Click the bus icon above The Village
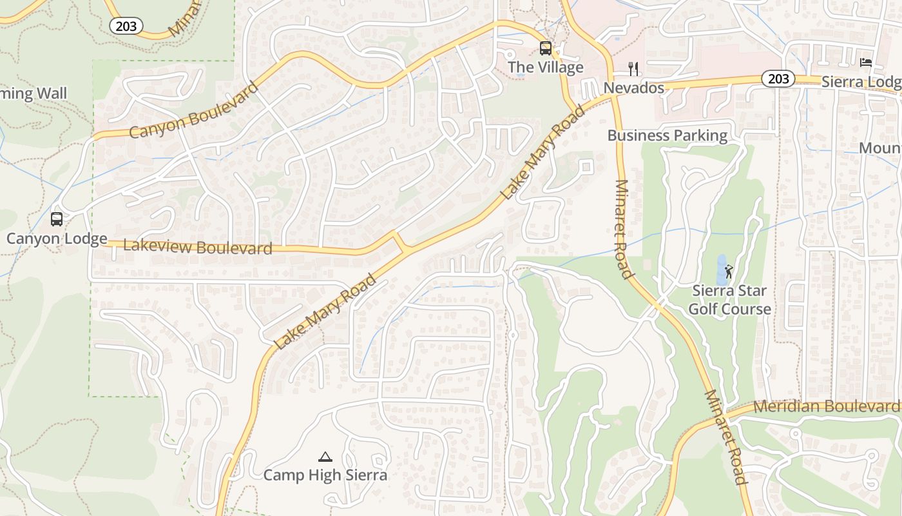(546, 48)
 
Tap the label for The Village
(545, 67)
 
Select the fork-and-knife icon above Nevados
(633, 69)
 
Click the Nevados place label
(633, 88)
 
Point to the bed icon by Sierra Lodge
(866, 63)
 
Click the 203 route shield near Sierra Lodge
(778, 79)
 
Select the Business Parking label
(667, 135)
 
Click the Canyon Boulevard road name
(193, 111)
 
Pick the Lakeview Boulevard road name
(197, 246)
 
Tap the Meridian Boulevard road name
(825, 406)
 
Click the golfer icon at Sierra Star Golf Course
(729, 272)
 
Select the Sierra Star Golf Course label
(729, 300)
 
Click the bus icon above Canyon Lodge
(57, 219)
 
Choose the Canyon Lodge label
(57, 239)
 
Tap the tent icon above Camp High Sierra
(325, 457)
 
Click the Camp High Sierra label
(325, 475)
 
